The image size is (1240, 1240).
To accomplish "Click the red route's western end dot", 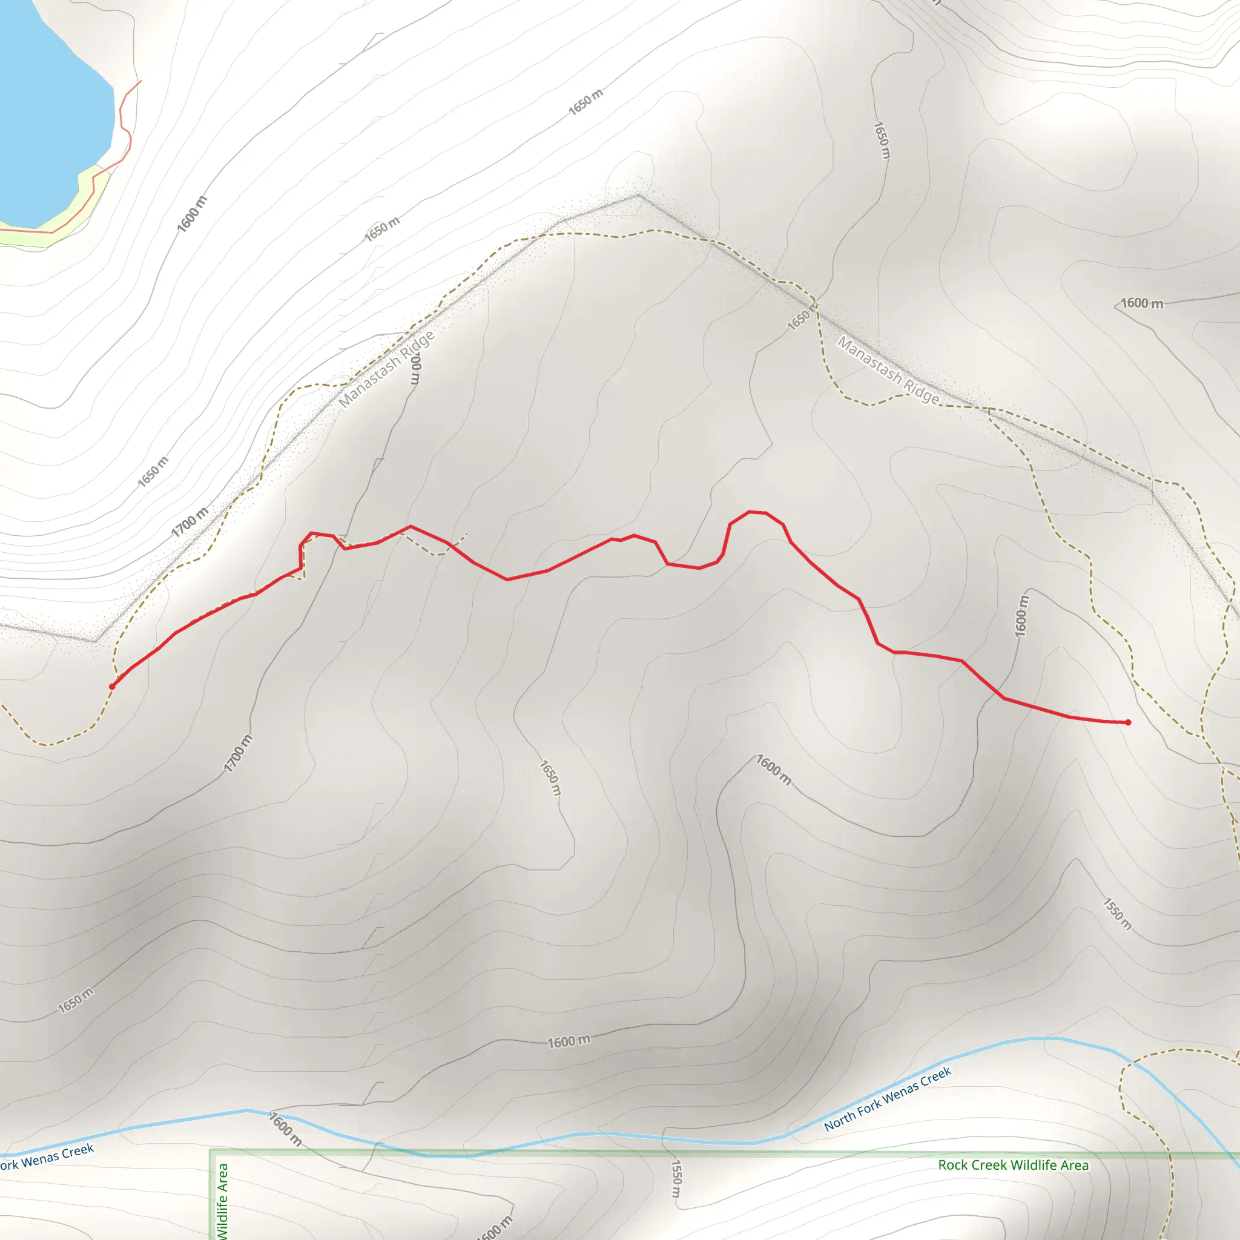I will point(113,686).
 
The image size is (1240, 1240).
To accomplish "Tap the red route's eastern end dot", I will point(1127,723).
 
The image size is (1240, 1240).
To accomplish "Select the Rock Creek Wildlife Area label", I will point(1013,1165).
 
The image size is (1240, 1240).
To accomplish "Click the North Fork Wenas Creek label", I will point(887,1099).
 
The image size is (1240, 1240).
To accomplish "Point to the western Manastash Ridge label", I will point(386,369).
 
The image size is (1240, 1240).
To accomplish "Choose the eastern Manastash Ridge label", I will point(888,371).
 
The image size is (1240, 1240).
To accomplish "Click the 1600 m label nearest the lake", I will point(192,214).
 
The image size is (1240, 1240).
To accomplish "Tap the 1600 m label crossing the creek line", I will point(285,1129).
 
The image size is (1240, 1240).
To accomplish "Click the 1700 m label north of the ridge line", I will point(190,522).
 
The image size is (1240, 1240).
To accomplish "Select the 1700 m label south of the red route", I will point(237,753).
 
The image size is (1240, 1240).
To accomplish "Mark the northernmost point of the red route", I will point(749,512).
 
